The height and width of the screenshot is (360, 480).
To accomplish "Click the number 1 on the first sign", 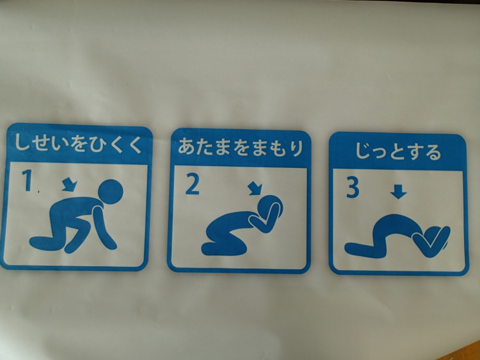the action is click(27, 180).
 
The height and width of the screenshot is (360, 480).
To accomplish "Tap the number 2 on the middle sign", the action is click(192, 184).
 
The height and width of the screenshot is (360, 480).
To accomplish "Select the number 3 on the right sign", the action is click(352, 187).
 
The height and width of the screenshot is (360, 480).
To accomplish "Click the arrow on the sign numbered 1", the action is click(69, 185).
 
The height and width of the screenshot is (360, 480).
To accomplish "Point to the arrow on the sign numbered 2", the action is click(255, 188).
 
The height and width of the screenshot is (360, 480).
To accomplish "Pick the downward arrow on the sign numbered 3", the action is click(398, 192).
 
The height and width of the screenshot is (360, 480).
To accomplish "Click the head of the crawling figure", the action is click(111, 192).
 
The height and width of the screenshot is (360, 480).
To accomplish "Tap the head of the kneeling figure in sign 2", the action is click(270, 208).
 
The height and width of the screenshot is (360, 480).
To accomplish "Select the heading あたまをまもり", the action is click(240, 147).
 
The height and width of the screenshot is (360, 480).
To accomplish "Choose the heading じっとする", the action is click(398, 151).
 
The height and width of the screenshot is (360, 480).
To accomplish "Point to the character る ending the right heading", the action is click(433, 152).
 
